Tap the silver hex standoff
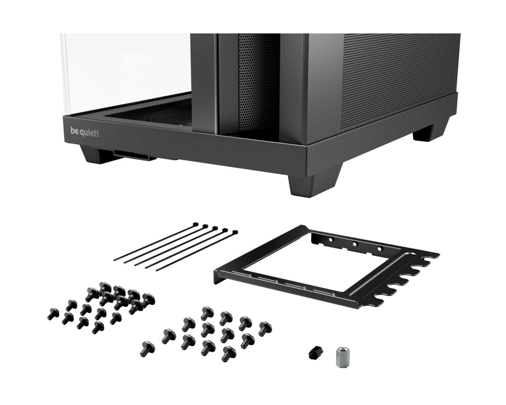(344, 357)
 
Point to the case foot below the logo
(97, 154)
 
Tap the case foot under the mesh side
(430, 131)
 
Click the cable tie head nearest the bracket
(235, 233)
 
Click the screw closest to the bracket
(265, 329)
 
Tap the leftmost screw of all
(53, 314)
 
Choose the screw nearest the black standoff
(229, 352)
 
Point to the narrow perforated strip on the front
(259, 81)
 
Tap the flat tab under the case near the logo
(135, 154)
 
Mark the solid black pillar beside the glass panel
(204, 81)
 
